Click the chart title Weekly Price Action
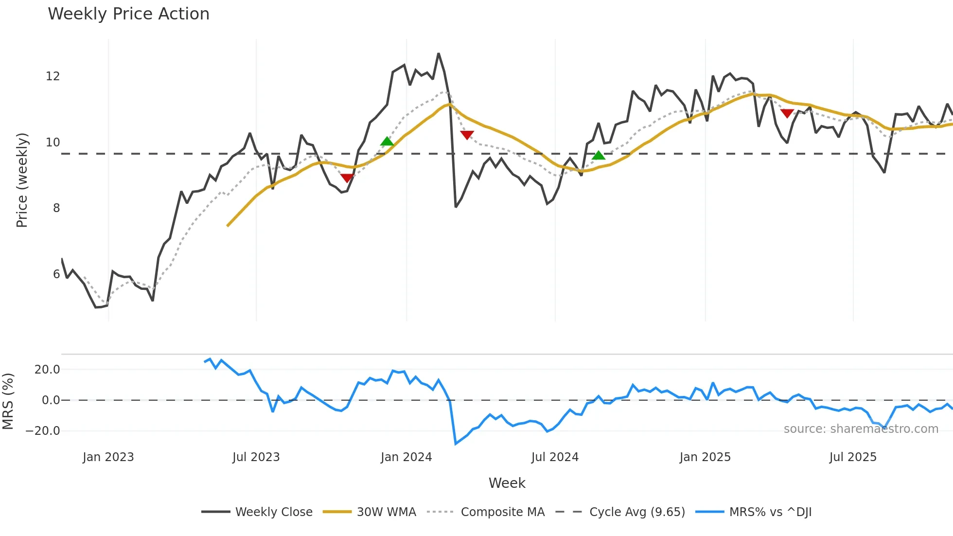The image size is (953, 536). [128, 14]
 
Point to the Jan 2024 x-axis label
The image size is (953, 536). [406, 457]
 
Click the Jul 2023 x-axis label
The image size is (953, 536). [256, 457]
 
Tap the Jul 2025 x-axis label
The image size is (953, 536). [853, 457]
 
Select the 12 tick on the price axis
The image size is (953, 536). [53, 76]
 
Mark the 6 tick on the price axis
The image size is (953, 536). [56, 274]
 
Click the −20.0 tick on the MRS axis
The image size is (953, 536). [43, 431]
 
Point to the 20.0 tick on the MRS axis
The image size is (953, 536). [47, 370]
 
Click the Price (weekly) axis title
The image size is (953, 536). [22, 180]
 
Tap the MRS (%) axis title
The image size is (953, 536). [8, 401]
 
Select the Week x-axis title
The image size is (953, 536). [507, 483]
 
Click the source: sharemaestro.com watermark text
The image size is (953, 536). [861, 429]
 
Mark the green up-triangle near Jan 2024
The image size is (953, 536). [387, 142]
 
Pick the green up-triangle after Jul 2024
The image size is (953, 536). [599, 155]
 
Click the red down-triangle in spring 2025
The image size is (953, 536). [787, 113]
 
